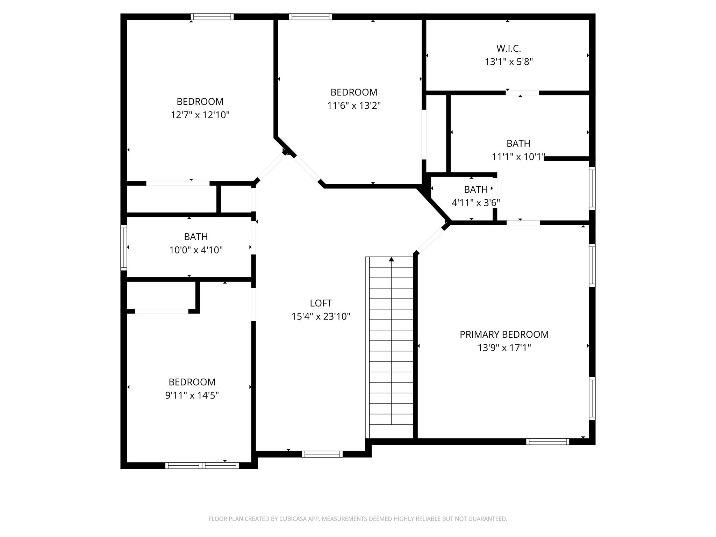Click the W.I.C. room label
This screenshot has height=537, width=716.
pos(509,48)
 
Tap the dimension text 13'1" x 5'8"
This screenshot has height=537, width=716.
pos(509,62)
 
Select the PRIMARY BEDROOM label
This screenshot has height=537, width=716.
pos(504,335)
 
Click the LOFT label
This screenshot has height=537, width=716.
pos(321,303)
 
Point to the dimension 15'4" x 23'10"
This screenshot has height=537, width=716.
pos(321,316)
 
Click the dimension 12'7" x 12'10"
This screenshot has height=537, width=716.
pos(200,115)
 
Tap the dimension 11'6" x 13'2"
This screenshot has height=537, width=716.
pos(353,106)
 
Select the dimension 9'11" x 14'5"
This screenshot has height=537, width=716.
pos(192,395)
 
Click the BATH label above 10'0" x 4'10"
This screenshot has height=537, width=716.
pos(196,237)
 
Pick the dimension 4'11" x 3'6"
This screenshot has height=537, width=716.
pos(475,203)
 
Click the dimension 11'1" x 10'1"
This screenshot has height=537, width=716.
pos(518,157)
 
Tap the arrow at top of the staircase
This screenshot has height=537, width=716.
pos(392,259)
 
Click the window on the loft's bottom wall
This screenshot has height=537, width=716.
pos(322,454)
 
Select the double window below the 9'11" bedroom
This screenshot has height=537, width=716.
pos(202,465)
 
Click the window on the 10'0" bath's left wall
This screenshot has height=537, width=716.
pos(124,248)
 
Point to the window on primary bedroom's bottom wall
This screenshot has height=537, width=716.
pos(547,442)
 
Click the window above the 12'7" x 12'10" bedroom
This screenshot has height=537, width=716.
pos(212,17)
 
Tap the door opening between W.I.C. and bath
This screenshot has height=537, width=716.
pos(522,93)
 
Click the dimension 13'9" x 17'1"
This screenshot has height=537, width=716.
pos(504,348)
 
